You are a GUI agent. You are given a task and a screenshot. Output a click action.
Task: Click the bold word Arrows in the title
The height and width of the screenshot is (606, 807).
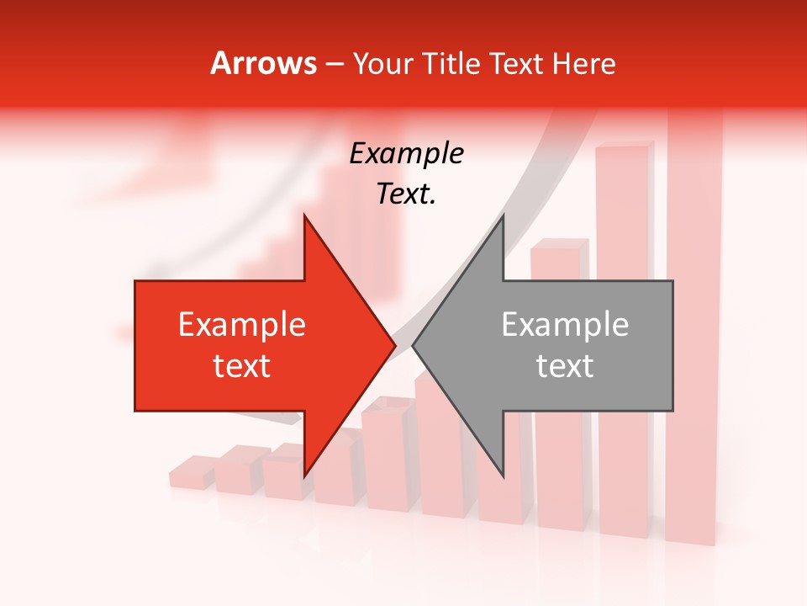pos(264,63)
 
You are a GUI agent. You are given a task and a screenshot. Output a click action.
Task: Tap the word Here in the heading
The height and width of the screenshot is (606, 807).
pos(584,63)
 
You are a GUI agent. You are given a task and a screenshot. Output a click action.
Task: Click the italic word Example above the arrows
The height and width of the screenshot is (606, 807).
pos(406,153)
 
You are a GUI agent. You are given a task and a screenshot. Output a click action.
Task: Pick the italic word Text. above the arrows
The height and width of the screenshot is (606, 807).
pos(406,194)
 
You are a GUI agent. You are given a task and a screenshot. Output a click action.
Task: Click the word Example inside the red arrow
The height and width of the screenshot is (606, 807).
pos(242,325)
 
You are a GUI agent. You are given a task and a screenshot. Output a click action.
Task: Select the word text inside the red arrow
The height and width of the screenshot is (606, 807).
pos(242,366)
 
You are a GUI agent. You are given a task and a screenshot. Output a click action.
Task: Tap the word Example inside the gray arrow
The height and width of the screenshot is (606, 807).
pos(565,325)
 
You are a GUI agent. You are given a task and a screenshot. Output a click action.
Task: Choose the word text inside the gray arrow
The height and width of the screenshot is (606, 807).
pos(565,366)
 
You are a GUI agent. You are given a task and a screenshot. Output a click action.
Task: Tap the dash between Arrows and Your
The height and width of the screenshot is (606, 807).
pos(334,65)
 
